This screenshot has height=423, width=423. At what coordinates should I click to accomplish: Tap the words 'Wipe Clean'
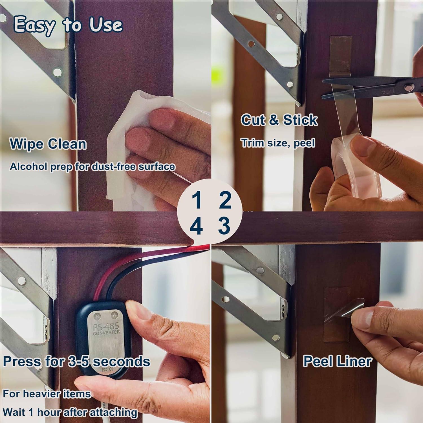pyautogui.click(x=48, y=144)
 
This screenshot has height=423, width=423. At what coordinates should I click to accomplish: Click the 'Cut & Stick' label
pyautogui.click(x=279, y=120)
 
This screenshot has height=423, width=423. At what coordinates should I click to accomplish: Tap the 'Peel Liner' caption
pyautogui.click(x=338, y=361)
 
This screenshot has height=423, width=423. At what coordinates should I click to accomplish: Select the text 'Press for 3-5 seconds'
pyautogui.click(x=76, y=362)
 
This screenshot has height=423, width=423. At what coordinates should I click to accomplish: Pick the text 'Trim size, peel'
pyautogui.click(x=278, y=143)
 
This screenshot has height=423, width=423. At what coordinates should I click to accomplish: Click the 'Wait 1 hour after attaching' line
pyautogui.click(x=70, y=412)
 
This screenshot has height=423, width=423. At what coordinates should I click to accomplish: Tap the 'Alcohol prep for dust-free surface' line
pyautogui.click(x=92, y=166)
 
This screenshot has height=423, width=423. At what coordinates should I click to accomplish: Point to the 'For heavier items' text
pyautogui.click(x=47, y=393)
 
